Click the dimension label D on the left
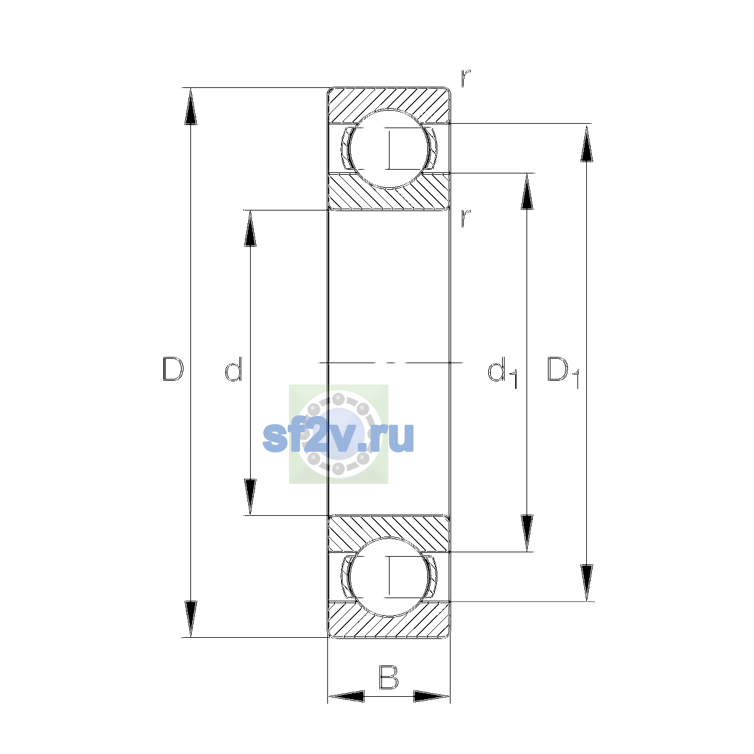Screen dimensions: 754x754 point(173,369)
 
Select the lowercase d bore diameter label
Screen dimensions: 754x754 point(234,369)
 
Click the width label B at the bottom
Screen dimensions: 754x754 point(388,677)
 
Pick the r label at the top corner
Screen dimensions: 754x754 point(465,79)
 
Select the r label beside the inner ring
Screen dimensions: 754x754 point(465,218)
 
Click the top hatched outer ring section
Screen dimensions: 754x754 point(388,99)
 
